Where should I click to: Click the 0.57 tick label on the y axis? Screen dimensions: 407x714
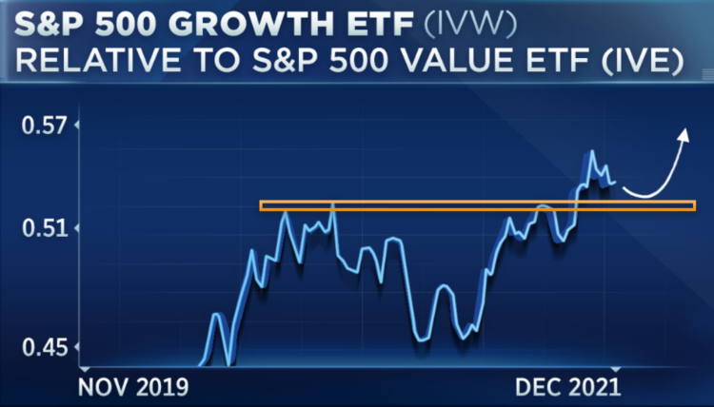[x=44, y=125]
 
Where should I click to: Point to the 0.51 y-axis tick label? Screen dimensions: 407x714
[x=44, y=228]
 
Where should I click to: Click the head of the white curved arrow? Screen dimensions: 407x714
[x=684, y=135]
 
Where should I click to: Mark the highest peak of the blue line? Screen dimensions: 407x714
[x=591, y=151]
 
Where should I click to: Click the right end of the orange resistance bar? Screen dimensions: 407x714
[x=693, y=205]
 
